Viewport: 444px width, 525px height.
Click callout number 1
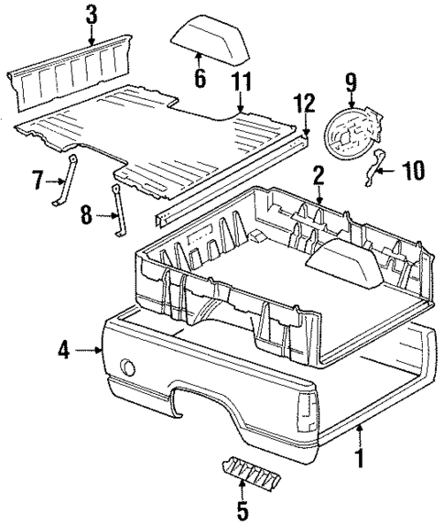coord(359,454)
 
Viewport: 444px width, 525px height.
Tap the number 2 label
coord(318,176)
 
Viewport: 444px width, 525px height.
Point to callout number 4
coord(63,349)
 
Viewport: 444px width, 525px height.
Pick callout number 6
coord(200,80)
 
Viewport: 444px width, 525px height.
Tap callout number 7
coord(38,179)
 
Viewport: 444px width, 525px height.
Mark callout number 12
coord(305,104)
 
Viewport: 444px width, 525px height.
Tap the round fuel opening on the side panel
coord(127,368)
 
